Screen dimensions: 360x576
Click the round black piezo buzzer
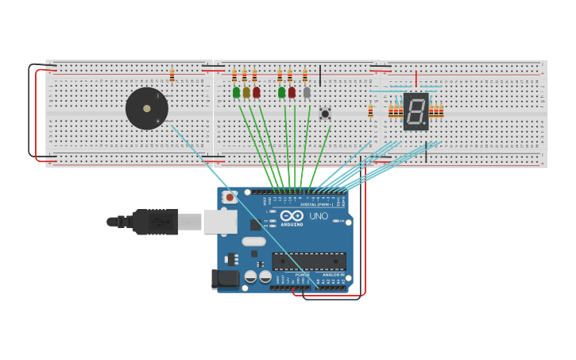coord(147,109)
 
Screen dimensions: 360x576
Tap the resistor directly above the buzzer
coord(172,75)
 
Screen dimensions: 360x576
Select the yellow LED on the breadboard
coord(246,93)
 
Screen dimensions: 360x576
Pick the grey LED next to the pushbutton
coord(307,93)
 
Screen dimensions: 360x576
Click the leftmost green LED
coord(236,93)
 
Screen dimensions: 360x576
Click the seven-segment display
coord(416,111)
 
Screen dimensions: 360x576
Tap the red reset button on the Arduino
coord(230,197)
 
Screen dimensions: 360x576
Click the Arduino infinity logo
coord(292,215)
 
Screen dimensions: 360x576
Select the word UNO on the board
coord(318,215)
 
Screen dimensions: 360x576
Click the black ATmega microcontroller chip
coord(309,261)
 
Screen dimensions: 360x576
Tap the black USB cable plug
coord(155,222)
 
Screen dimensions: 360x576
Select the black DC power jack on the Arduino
coord(226,279)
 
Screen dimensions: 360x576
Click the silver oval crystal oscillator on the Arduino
coord(253,242)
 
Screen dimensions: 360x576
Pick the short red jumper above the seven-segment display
coord(416,79)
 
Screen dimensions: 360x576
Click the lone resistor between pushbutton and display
coord(370,111)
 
